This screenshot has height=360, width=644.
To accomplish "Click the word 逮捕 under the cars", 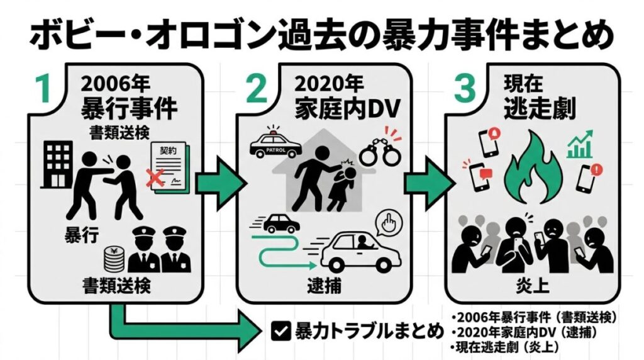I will (x=321, y=282).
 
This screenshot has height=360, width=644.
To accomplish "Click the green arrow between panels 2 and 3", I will (x=430, y=183).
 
